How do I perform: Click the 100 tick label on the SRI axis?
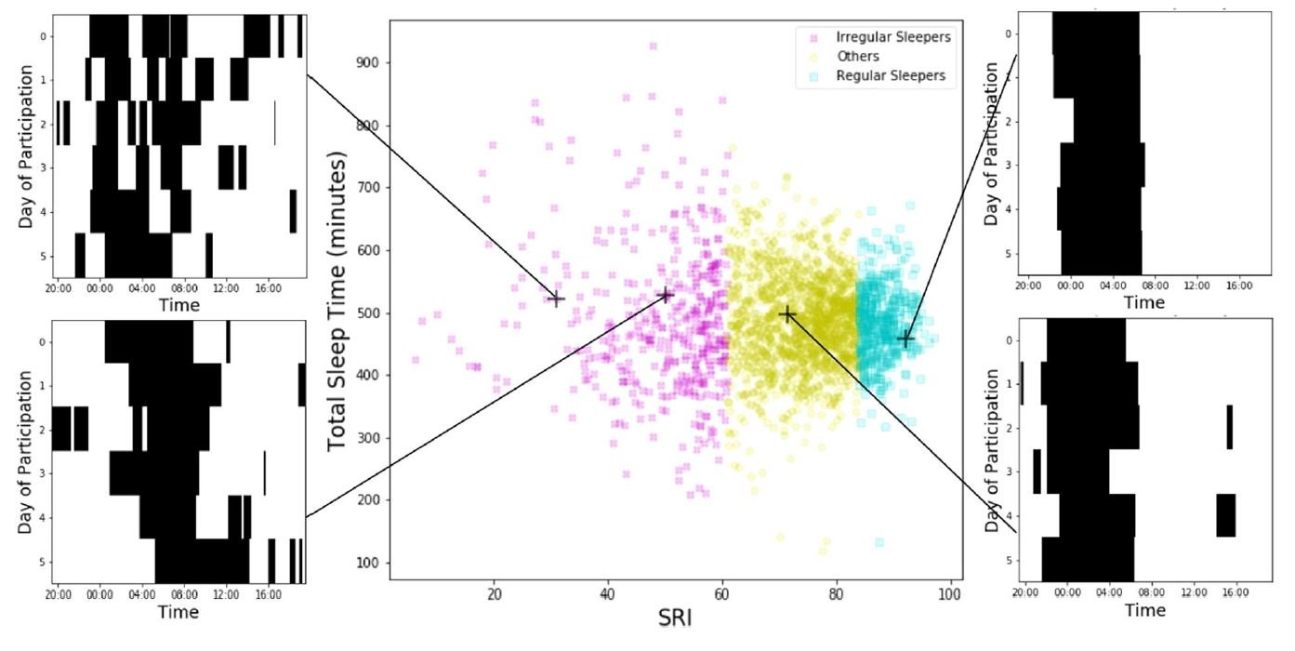pos(950,591)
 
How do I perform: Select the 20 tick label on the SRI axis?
pos(494,591)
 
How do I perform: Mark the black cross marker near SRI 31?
pos(556,299)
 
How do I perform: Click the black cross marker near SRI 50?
pos(665,296)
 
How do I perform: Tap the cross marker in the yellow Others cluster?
pos(787,314)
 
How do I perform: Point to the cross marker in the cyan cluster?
pos(905,339)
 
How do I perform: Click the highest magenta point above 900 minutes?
pos(654,46)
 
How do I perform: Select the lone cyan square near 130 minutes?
pos(879,542)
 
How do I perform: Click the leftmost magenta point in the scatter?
pos(416,360)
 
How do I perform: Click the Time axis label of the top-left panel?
pos(178,304)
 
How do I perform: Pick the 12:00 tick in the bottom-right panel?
pos(1195,590)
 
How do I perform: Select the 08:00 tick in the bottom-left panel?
pos(184,592)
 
